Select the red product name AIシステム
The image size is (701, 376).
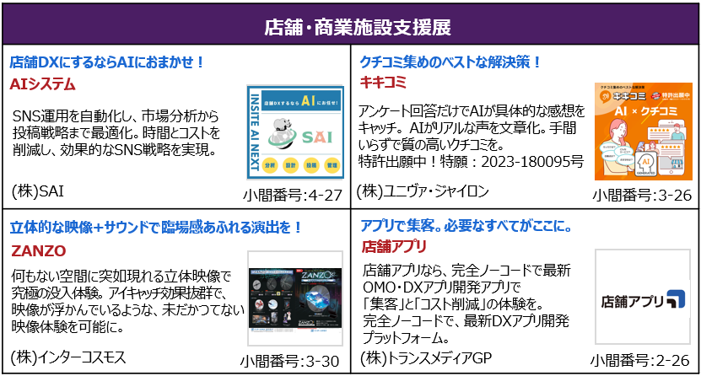42,84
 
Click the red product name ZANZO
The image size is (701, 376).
38,250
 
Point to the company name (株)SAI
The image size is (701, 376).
38,191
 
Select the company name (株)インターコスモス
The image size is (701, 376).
68,357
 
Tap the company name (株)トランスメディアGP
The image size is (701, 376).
425,357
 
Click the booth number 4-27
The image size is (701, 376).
324,196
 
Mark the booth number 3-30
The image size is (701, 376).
324,362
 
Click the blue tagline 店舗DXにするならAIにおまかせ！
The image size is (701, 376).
108,62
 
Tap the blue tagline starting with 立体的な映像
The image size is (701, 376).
156,228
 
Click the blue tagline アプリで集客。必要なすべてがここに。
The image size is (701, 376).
467,227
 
